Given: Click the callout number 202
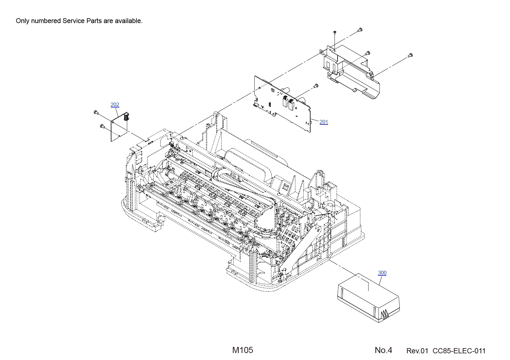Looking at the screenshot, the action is [x=115, y=104].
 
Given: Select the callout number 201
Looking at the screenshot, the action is [x=324, y=122].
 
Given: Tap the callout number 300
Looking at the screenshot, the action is [x=382, y=273].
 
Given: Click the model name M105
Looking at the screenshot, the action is [x=243, y=350].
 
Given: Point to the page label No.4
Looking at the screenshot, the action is [x=383, y=350].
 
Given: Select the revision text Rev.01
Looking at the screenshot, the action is [x=417, y=351].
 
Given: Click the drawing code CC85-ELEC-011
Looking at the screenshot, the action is [x=459, y=351].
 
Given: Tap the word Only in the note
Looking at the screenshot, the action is [x=22, y=21].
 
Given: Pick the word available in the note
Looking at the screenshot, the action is [x=129, y=21].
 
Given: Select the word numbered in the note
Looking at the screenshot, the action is [x=46, y=21].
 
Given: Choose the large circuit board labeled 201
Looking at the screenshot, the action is [x=282, y=104].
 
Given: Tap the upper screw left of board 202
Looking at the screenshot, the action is [x=96, y=112].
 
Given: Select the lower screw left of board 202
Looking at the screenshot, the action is [x=102, y=126].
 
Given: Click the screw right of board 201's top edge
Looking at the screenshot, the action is [x=316, y=86].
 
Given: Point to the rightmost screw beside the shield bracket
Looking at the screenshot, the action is [x=410, y=55].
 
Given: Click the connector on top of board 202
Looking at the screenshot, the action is [x=126, y=116].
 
